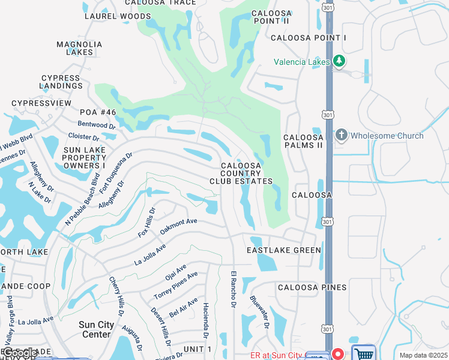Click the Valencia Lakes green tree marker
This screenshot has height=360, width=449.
point(339,61)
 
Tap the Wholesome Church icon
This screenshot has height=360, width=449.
point(342,135)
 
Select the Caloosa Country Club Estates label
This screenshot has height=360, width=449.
point(241,173)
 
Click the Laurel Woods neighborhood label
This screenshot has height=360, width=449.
point(118,16)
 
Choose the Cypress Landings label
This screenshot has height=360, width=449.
point(61,82)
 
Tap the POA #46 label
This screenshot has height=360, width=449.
point(98,112)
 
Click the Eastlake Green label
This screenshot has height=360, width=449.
point(284,250)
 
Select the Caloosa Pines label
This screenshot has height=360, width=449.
point(312,287)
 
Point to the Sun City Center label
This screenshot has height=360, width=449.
point(96,329)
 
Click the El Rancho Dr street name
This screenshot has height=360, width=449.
point(233,291)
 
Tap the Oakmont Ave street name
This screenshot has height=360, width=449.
point(178,226)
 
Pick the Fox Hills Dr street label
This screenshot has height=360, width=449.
point(147,223)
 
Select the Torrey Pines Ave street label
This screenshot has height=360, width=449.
point(176,286)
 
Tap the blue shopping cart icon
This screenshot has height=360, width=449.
point(363,353)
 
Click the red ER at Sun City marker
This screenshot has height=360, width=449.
point(337,354)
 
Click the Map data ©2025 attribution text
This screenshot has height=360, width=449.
point(423,355)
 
